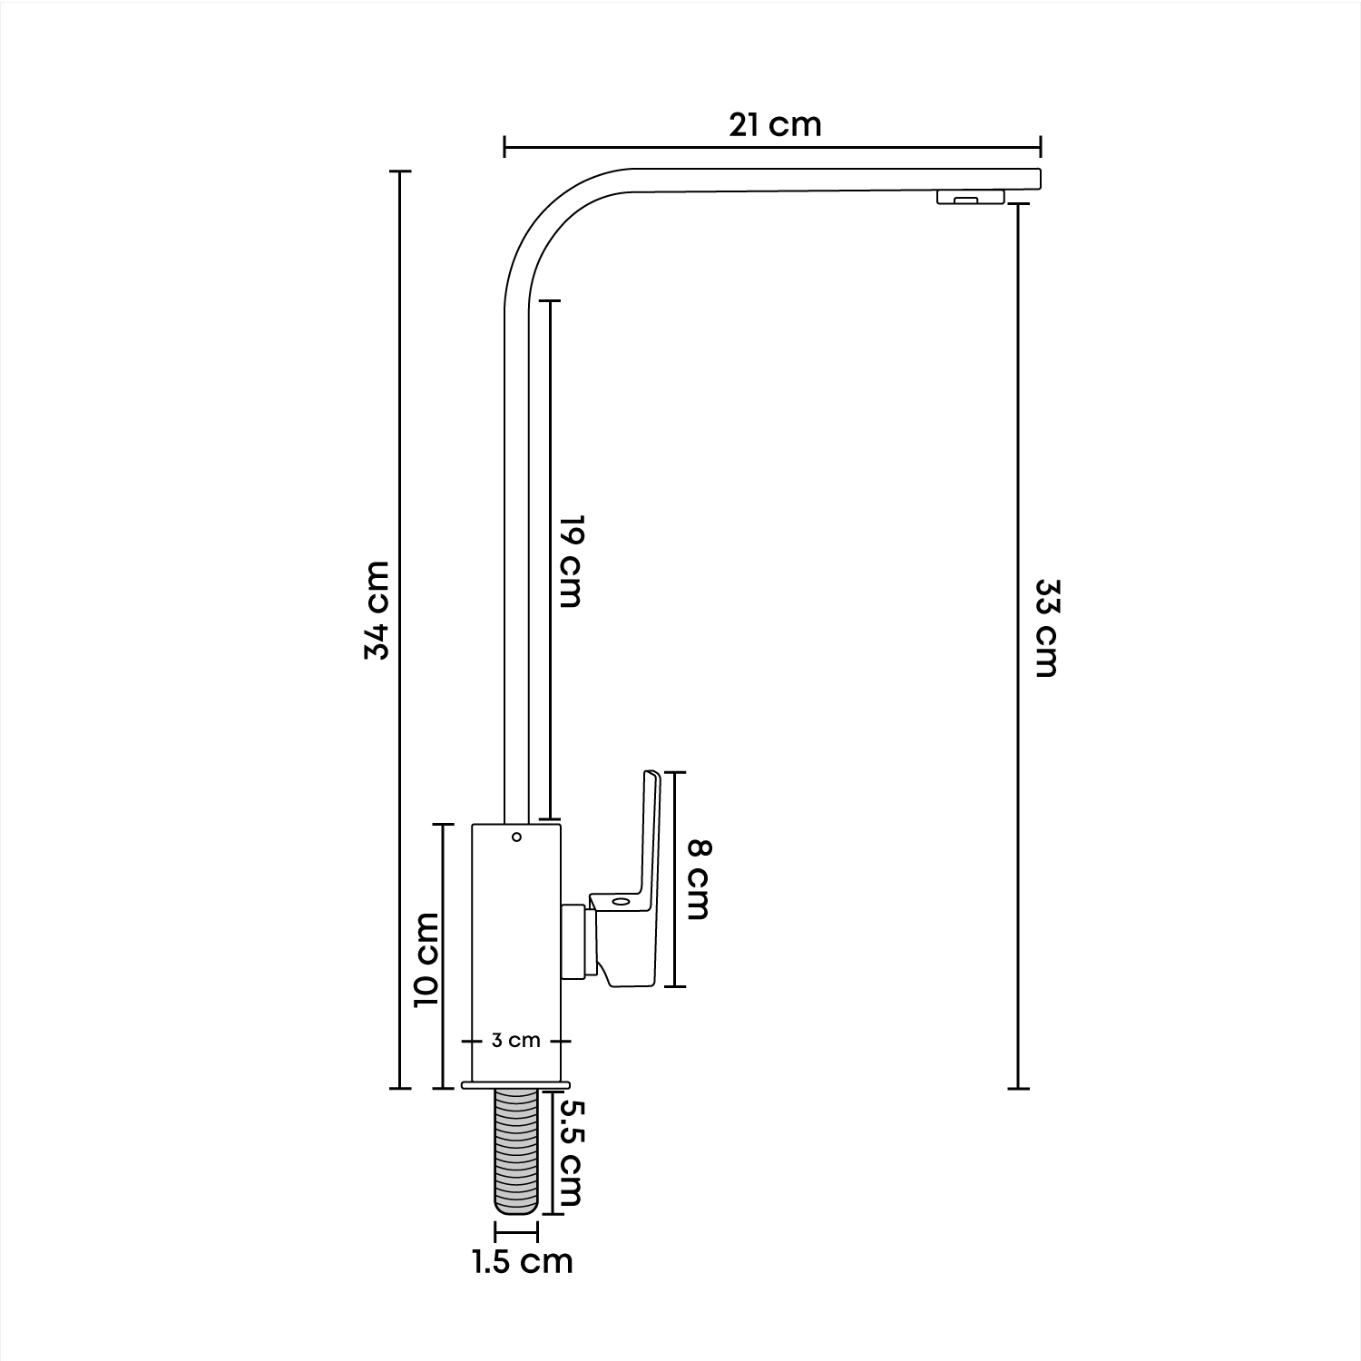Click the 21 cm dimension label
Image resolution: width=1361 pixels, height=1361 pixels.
pyautogui.click(x=775, y=124)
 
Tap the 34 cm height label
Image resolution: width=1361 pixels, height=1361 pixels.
pyautogui.click(x=377, y=610)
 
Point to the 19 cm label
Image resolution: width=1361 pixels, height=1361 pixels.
pyautogui.click(x=569, y=562)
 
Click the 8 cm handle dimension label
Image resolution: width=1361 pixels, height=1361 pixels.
pyautogui.click(x=699, y=879)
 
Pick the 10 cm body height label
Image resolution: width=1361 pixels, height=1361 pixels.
pyautogui.click(x=426, y=958)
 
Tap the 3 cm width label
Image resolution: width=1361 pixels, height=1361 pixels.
pyautogui.click(x=516, y=1041)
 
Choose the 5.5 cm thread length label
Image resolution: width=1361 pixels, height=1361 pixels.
pyautogui.click(x=569, y=1153)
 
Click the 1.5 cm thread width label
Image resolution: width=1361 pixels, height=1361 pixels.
pyautogui.click(x=523, y=1261)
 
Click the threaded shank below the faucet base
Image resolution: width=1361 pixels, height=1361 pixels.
pyautogui.click(x=516, y=1150)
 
